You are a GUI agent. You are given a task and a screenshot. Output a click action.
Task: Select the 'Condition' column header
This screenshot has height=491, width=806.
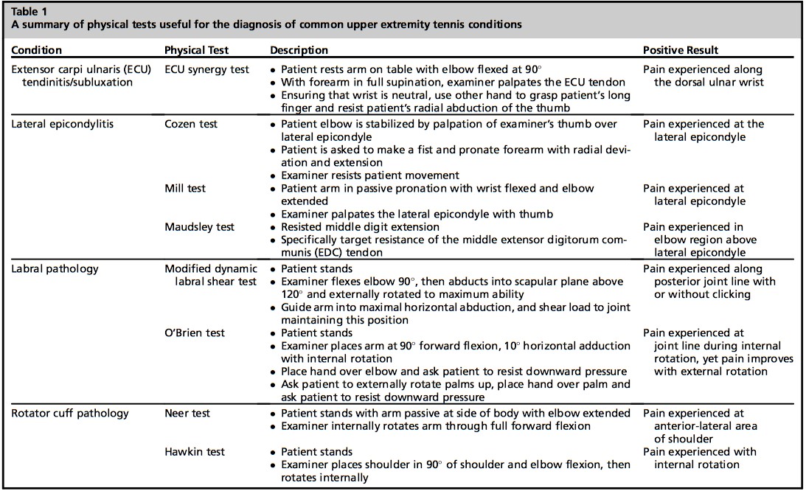(x=37, y=50)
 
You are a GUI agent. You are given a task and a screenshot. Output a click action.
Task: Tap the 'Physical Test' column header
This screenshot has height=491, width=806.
(x=196, y=50)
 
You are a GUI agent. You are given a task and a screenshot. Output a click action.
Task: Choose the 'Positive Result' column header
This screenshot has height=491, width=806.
(x=681, y=50)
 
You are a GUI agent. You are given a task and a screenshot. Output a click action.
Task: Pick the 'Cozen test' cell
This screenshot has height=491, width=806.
(x=191, y=124)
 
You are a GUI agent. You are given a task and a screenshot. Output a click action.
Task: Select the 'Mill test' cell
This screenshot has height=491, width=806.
(x=184, y=189)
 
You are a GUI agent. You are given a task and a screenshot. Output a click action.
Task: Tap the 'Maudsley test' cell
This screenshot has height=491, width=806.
(x=199, y=227)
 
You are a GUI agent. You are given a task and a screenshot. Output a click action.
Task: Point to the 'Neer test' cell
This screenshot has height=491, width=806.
(x=188, y=413)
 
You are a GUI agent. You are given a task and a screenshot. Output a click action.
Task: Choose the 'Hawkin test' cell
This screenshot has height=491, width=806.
(x=194, y=451)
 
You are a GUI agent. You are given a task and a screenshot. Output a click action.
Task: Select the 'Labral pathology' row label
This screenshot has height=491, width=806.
(x=55, y=269)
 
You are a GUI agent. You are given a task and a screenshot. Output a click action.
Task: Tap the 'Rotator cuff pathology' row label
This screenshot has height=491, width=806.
(x=70, y=413)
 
